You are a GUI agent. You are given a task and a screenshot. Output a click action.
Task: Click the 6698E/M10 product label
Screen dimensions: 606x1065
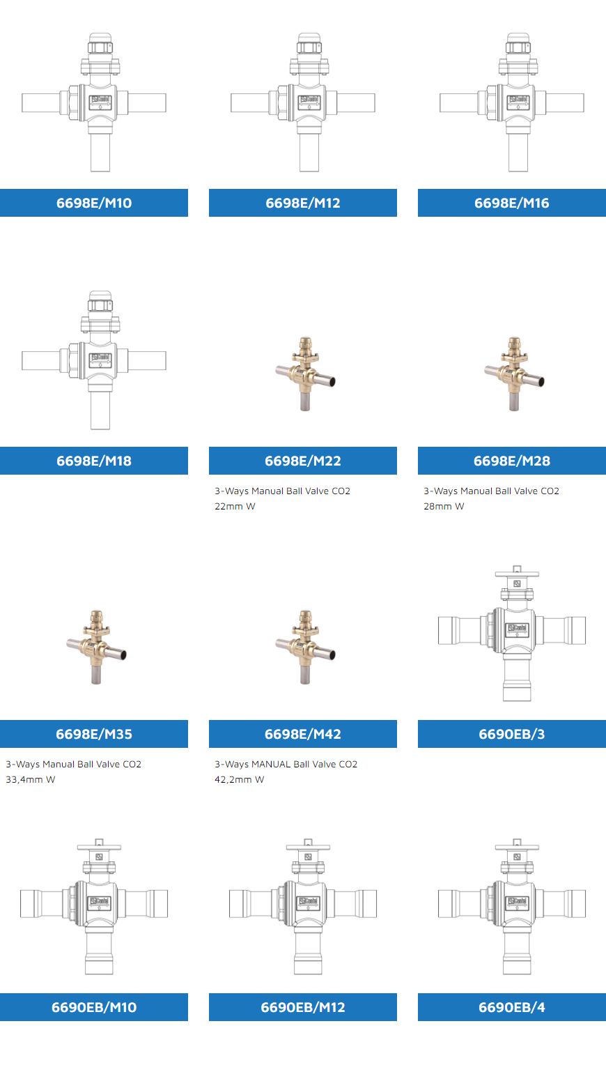tap(93, 203)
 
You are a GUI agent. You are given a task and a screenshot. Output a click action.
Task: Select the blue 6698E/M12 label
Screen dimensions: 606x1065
tap(303, 203)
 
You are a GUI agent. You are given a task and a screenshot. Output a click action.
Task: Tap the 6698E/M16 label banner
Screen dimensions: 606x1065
tap(512, 203)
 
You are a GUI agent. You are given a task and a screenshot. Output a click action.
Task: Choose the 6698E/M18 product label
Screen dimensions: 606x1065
tap(93, 461)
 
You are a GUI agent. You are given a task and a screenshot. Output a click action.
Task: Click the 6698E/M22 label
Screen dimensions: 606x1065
tap(303, 461)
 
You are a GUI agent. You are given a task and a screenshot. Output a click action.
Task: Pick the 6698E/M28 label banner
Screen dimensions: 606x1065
tap(512, 461)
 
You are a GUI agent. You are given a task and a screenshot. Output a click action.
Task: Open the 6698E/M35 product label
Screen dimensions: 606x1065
tap(93, 734)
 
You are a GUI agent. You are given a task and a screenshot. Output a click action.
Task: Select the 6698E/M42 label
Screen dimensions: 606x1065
tap(303, 734)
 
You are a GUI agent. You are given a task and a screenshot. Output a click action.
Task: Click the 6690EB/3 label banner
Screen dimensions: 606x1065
tap(512, 734)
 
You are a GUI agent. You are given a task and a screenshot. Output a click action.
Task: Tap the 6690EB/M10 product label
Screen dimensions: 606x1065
tap(93, 1007)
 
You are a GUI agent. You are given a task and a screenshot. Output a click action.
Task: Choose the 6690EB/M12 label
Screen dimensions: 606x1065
tap(303, 1007)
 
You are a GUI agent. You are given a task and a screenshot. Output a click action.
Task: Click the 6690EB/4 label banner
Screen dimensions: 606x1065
tap(512, 1007)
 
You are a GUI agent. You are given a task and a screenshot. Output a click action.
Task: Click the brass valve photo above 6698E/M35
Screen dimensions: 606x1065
tap(97, 648)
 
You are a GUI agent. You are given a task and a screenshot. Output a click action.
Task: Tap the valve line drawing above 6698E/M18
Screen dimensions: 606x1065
tap(94, 360)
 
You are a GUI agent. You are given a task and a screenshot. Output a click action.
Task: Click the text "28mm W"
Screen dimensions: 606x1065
tap(444, 506)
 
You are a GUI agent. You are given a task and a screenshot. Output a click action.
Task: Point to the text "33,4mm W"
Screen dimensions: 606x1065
tap(31, 780)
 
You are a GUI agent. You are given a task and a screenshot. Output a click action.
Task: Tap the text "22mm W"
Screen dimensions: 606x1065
tap(235, 506)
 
